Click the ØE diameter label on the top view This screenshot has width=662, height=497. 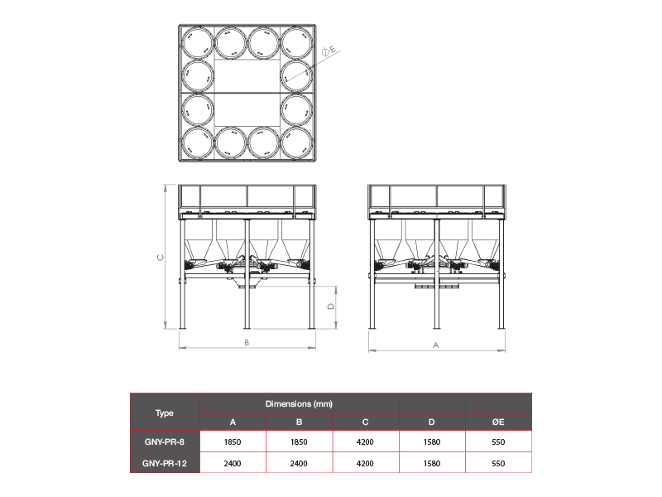(329, 51)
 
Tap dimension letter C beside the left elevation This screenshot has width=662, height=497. (161, 257)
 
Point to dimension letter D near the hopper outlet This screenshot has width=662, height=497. (331, 306)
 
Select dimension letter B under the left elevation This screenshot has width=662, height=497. (247, 342)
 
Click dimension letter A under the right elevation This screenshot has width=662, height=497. (436, 345)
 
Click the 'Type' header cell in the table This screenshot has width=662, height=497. (164, 413)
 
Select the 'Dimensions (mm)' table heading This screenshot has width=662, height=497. (299, 403)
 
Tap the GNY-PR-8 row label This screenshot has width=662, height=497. (164, 442)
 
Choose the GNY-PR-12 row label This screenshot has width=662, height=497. (164, 463)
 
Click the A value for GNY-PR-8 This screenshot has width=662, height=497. (233, 442)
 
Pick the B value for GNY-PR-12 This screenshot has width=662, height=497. (299, 463)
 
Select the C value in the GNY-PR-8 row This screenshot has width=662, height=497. (365, 442)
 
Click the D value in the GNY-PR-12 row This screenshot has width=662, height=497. (431, 463)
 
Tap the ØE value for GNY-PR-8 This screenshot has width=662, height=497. (498, 442)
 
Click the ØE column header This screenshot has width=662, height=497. (498, 422)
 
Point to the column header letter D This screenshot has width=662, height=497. (431, 422)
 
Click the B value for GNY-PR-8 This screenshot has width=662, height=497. (299, 442)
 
